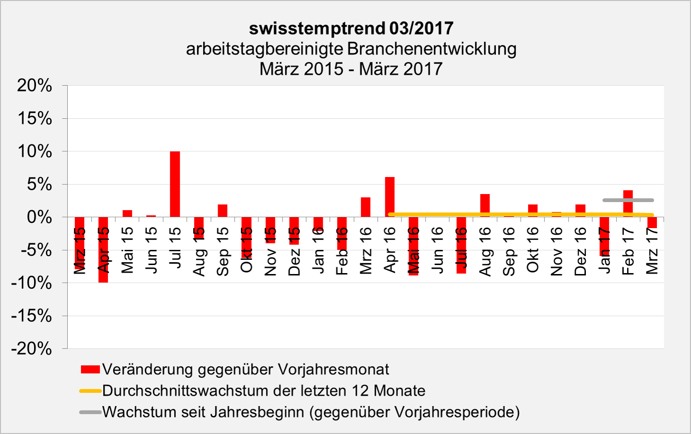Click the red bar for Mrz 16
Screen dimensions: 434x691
pyautogui.click(x=365, y=207)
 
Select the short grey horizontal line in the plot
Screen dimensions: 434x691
pyautogui.click(x=628, y=200)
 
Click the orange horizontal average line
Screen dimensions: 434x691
pyautogui.click(x=521, y=215)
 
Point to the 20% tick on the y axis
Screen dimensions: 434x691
pyautogui.click(x=35, y=86)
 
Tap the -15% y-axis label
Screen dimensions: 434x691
pyautogui.click(x=32, y=316)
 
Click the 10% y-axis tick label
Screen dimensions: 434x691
pyautogui.click(x=35, y=151)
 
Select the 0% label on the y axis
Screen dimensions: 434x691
pyautogui.click(x=39, y=217)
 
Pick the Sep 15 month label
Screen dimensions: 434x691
pyautogui.click(x=222, y=251)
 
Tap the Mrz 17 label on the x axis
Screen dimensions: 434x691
pyautogui.click(x=652, y=251)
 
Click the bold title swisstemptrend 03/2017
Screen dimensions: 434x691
pyautogui.click(x=351, y=28)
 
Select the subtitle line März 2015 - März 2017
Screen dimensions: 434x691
pyautogui.click(x=351, y=69)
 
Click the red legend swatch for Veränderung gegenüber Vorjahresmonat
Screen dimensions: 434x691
pyautogui.click(x=90, y=369)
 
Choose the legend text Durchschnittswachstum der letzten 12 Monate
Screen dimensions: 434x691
pyautogui.click(x=264, y=390)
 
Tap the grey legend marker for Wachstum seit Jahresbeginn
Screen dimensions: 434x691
pyautogui.click(x=90, y=412)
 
